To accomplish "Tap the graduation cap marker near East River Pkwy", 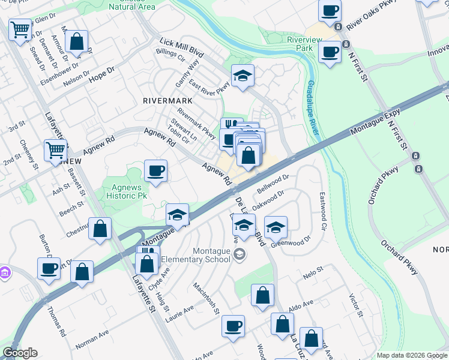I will point(243,76).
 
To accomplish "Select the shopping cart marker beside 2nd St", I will point(55,149).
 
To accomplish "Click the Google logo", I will point(20,353).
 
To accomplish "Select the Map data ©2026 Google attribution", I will point(412,355).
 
